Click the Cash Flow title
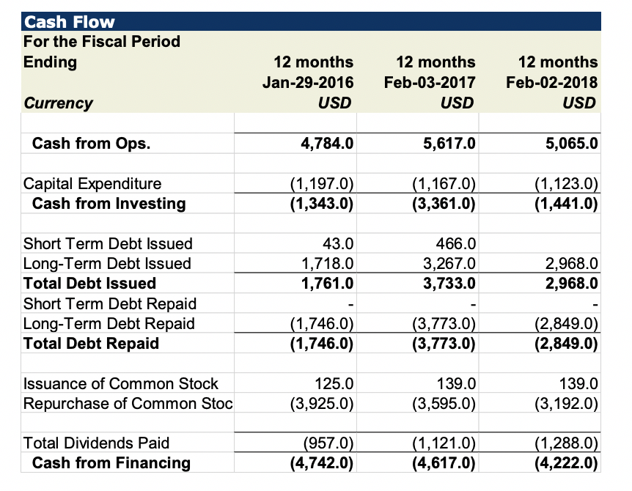[70, 22]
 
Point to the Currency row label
[59, 103]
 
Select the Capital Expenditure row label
[92, 183]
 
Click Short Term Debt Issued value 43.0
[339, 243]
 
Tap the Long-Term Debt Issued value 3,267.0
[449, 263]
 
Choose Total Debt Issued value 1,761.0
[328, 283]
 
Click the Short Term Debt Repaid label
[110, 303]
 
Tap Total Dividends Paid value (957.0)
[328, 443]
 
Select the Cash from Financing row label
[111, 462]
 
